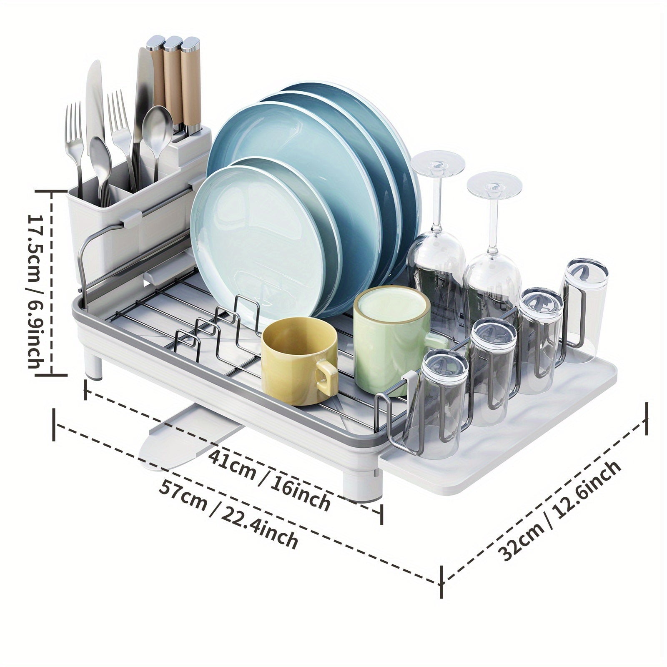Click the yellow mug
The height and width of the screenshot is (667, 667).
(298, 361)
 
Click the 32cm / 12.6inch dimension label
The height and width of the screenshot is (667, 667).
(560, 511)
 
